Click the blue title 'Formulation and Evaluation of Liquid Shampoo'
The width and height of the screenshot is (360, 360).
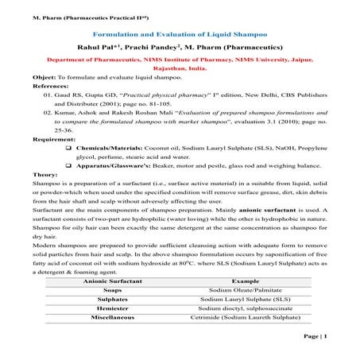point(180,34)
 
